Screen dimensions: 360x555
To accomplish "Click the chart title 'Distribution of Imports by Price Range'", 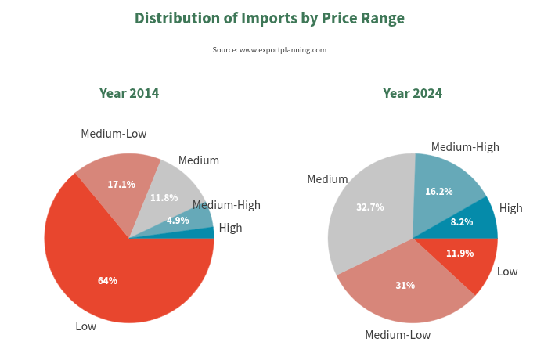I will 269,18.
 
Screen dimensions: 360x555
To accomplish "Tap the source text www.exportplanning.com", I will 269,50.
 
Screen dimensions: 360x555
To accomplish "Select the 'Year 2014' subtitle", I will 129,93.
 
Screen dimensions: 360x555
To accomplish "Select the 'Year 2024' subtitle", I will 413,93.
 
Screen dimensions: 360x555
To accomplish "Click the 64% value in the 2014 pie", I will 107,280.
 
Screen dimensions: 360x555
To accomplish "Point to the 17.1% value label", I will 121,185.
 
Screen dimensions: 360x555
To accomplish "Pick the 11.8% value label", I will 164,197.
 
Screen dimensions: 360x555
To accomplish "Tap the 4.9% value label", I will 178,220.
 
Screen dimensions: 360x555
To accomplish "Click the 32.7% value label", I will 369,207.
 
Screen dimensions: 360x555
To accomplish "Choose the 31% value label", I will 405,285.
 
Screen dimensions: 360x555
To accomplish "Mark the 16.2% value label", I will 438,191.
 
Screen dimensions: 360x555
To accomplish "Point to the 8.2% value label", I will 462,222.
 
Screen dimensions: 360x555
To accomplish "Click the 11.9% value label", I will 460,253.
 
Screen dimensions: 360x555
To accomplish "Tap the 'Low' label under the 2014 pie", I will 85,326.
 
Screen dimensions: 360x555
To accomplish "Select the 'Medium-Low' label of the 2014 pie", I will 114,134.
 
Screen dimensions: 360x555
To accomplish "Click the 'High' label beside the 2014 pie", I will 230,228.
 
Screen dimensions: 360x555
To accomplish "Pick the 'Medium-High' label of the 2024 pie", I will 465,147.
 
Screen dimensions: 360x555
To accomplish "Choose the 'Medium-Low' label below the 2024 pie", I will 398,335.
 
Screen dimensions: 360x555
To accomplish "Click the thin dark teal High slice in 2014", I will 209,233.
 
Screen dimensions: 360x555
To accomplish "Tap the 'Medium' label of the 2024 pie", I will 327,179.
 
